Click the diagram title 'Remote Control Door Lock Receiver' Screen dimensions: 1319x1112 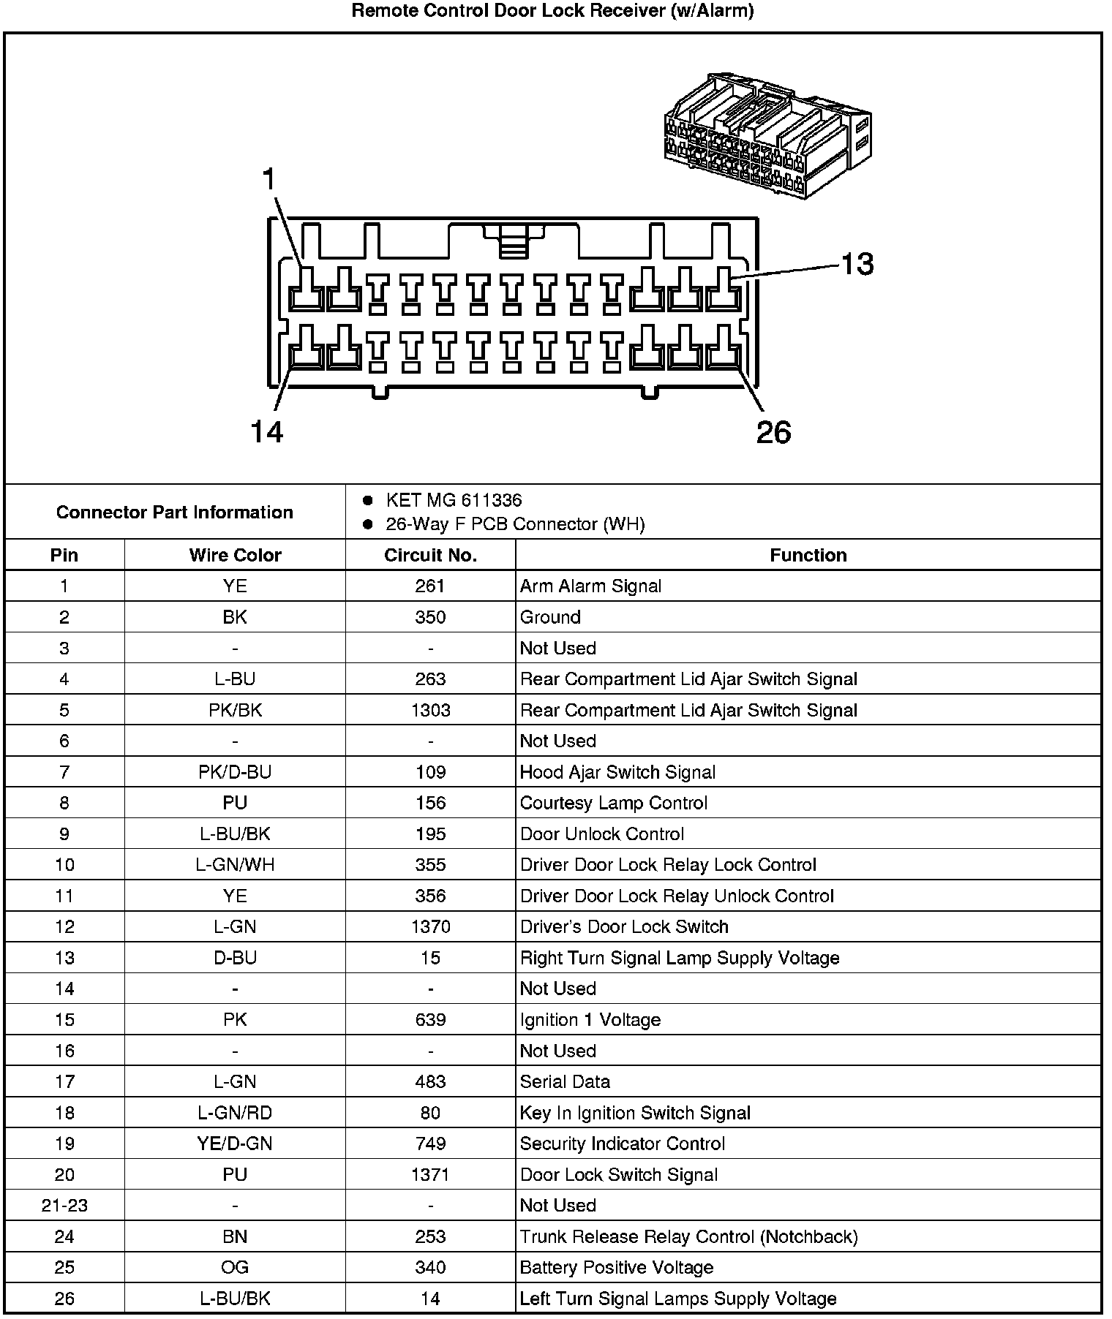[552, 11]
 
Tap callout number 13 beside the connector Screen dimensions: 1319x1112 [857, 264]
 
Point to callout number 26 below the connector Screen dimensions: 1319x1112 [773, 432]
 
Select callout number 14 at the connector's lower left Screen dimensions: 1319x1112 [266, 432]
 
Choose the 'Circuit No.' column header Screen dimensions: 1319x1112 [430, 555]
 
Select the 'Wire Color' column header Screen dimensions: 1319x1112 [235, 555]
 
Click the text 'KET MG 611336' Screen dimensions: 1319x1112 [454, 500]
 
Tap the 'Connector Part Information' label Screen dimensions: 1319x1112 [175, 512]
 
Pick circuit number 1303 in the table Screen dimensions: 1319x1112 [430, 710]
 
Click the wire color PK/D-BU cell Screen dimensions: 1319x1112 [235, 772]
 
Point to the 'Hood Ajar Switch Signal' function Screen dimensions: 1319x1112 [617, 772]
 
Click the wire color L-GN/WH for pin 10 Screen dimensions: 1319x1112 [235, 865]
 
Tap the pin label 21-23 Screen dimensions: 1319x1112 [64, 1206]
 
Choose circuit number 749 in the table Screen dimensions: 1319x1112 [430, 1144]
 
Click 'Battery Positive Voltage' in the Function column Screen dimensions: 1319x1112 [616, 1267]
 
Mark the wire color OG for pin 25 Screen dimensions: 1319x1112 [235, 1267]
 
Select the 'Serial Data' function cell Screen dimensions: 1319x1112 [565, 1081]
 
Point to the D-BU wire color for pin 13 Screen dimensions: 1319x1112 [235, 958]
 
